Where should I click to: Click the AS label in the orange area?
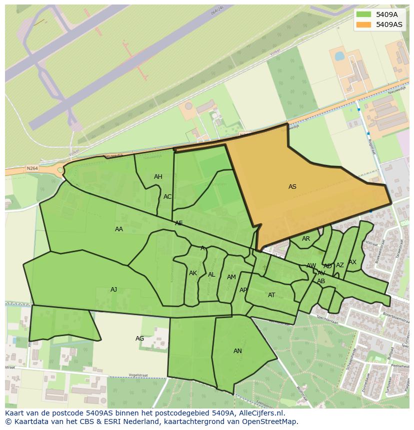click(x=292, y=187)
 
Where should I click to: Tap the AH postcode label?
click(x=158, y=177)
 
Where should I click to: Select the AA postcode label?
click(x=119, y=229)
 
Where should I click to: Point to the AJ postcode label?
click(x=114, y=290)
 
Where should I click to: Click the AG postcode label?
click(x=140, y=339)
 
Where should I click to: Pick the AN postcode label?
click(x=237, y=351)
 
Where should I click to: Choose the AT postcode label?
click(x=271, y=295)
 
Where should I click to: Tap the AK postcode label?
click(x=193, y=273)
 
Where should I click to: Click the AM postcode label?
click(x=231, y=277)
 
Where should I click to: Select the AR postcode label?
click(x=306, y=239)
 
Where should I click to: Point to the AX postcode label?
click(x=352, y=262)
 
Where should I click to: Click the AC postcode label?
click(x=167, y=197)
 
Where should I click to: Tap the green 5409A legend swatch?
click(x=363, y=14)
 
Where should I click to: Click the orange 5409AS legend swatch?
click(x=363, y=24)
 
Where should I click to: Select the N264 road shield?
click(x=32, y=169)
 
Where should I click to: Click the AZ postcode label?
click(x=340, y=265)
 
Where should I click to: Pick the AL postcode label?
click(x=211, y=275)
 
